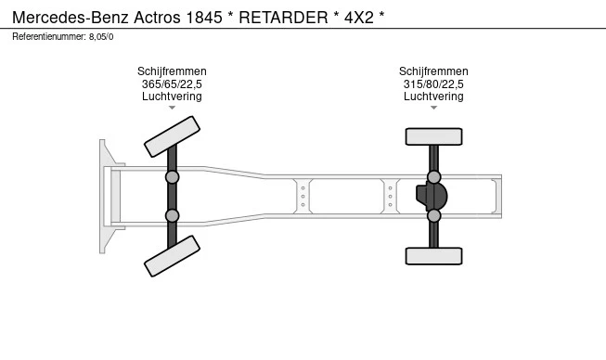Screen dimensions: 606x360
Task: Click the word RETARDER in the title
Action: [x=283, y=18]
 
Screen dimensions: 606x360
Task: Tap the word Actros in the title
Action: [x=157, y=18]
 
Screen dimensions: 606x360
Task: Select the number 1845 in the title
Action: [x=204, y=18]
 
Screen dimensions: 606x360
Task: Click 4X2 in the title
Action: [x=359, y=18]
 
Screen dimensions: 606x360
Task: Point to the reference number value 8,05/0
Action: [x=101, y=37]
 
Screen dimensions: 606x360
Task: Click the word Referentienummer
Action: [x=49, y=37]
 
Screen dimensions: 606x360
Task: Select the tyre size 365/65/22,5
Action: [x=172, y=84]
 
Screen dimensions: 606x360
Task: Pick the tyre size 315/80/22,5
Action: [x=433, y=84]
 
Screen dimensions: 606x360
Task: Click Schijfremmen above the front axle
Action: [x=172, y=71]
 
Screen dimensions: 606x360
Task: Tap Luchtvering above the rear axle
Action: [x=433, y=96]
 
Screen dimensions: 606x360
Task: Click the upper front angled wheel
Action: [x=172, y=136]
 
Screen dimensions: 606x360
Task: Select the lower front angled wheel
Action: [x=172, y=256]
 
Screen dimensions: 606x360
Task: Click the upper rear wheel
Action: [x=433, y=136]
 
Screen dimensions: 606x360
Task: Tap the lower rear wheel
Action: [x=433, y=256]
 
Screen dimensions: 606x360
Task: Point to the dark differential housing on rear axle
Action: [x=432, y=196]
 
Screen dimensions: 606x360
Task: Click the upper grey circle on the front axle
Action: [x=172, y=177]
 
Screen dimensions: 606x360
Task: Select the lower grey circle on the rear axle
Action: [x=433, y=215]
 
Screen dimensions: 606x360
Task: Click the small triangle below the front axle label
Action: [x=172, y=108]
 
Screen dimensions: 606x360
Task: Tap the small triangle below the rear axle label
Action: [x=433, y=108]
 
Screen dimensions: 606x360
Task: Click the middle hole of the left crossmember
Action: [x=303, y=196]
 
